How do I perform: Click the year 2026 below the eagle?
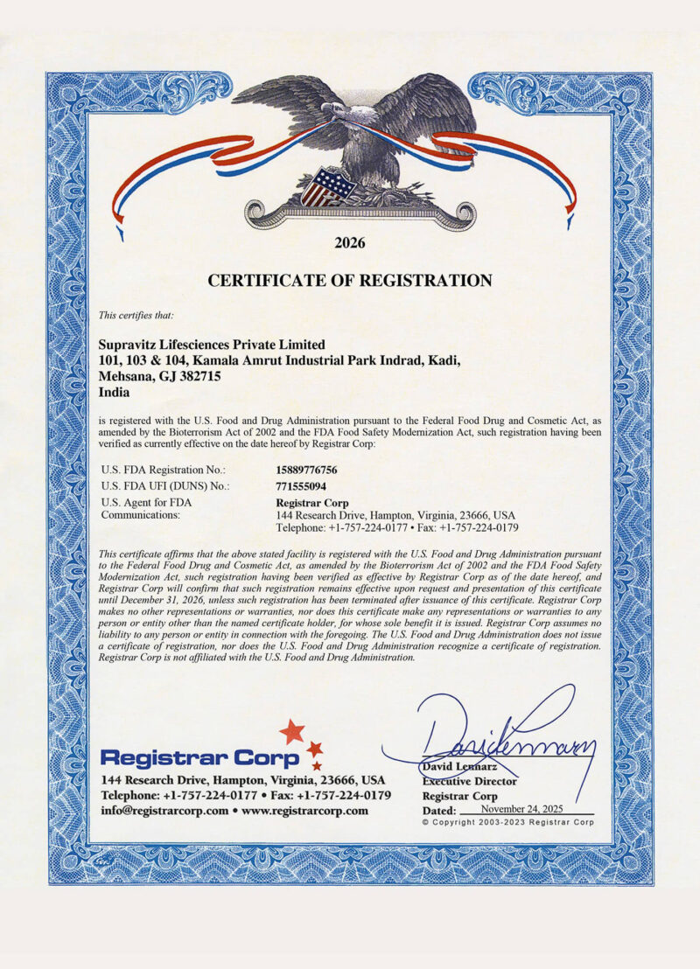point(349,242)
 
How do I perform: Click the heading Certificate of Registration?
point(349,281)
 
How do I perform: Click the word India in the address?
point(116,394)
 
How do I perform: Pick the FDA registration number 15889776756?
point(306,470)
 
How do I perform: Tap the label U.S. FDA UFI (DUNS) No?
point(165,486)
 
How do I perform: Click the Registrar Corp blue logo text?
point(200,757)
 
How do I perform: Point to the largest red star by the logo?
point(290,731)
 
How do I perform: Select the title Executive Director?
point(469,781)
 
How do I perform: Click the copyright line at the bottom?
point(507,823)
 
